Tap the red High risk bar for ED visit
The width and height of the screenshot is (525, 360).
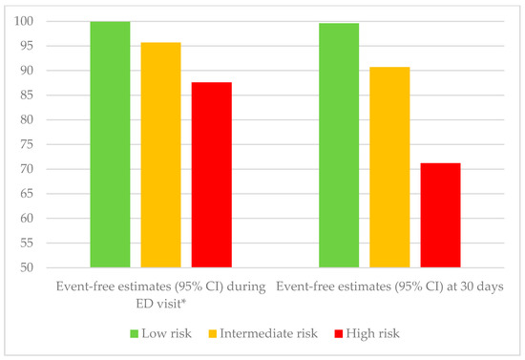(211, 175)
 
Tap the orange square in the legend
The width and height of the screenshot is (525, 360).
(213, 334)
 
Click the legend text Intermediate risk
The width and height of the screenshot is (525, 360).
(268, 334)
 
